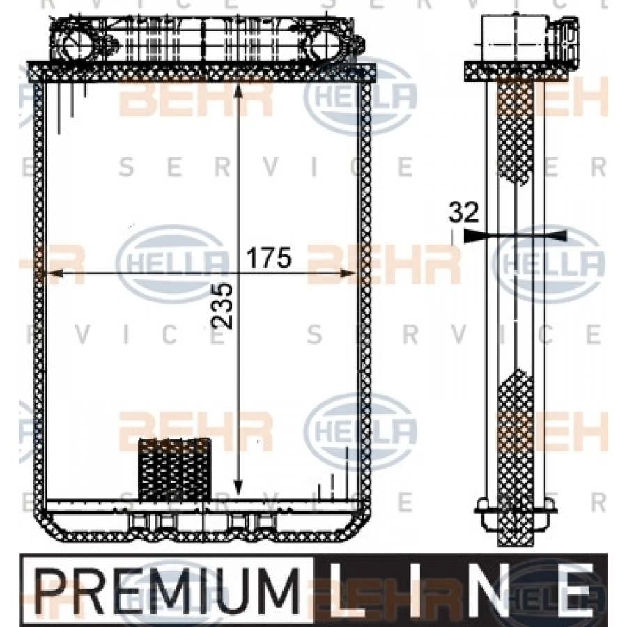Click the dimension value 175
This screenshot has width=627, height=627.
click(x=269, y=258)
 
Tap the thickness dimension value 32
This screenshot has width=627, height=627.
click(x=463, y=212)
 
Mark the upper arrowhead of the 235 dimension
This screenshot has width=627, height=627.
click(x=238, y=91)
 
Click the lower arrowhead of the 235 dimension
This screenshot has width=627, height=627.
click(x=238, y=487)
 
